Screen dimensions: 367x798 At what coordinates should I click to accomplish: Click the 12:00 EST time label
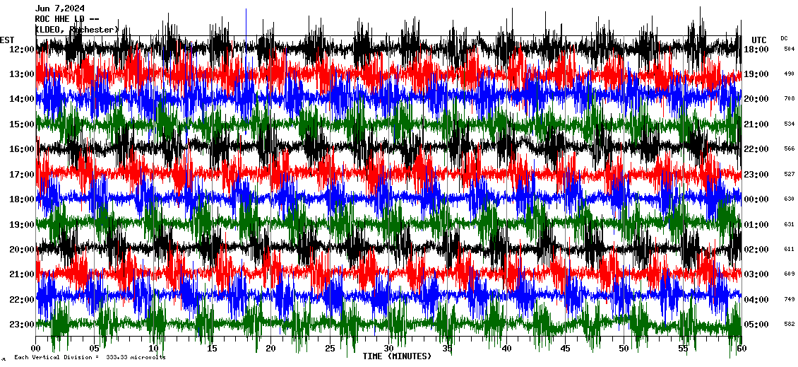(x=22, y=49)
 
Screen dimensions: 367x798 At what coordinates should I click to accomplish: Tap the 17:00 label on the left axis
(x=22, y=174)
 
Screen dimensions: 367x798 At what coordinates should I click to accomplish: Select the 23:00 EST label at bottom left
(x=22, y=325)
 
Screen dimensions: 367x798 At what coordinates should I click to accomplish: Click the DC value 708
(x=789, y=99)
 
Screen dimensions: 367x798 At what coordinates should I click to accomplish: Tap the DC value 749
(x=789, y=299)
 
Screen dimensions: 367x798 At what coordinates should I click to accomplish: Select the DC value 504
(x=789, y=49)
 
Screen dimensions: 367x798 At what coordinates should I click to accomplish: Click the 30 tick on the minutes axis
(x=388, y=349)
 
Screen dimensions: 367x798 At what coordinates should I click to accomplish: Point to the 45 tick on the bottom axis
(x=565, y=349)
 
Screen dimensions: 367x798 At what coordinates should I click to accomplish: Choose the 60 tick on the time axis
(x=741, y=349)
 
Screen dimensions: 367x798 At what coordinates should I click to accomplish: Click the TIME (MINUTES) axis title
(x=397, y=356)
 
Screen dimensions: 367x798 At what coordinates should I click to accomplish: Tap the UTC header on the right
(x=759, y=40)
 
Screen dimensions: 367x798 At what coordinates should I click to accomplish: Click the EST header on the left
(x=7, y=40)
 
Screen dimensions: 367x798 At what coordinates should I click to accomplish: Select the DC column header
(x=784, y=38)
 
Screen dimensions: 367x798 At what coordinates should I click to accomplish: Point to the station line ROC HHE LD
(x=64, y=19)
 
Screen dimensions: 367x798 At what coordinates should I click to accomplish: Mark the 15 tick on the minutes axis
(x=212, y=349)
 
